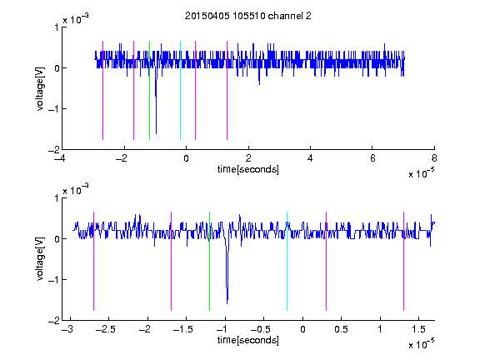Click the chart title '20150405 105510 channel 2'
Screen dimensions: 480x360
point(248,16)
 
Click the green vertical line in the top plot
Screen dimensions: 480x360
point(149,90)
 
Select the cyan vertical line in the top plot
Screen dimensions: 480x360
point(180,90)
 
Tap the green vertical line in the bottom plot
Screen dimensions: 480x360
point(209,261)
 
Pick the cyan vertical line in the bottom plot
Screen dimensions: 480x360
point(287,261)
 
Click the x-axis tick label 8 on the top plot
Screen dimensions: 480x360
point(434,158)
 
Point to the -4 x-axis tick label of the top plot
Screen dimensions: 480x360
point(60,158)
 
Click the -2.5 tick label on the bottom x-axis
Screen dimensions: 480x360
point(105,329)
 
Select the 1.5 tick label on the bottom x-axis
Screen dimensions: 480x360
point(418,329)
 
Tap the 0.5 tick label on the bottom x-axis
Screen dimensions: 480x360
point(341,329)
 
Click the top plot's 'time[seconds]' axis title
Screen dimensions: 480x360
point(248,169)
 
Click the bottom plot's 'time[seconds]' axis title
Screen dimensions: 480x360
point(248,340)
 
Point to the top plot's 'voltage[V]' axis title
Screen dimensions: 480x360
point(40,88)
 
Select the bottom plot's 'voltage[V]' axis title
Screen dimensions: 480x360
point(40,259)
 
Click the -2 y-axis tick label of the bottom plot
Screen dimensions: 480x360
point(54,321)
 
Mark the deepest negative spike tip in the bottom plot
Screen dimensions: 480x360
point(227,303)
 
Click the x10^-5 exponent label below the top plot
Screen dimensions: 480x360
point(421,173)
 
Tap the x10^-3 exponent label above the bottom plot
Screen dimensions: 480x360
point(76,189)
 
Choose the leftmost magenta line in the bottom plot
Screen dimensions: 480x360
point(93,261)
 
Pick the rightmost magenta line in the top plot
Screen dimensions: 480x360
point(227,90)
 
